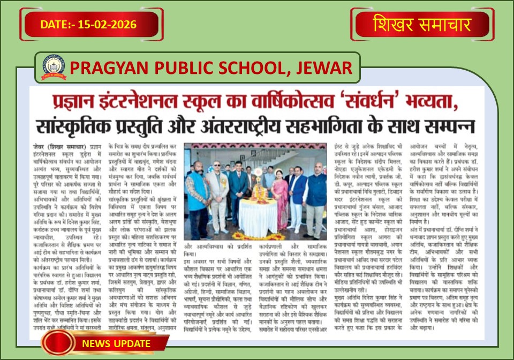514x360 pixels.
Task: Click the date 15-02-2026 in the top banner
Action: click(107, 25)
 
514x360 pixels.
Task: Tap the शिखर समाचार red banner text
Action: click(422, 25)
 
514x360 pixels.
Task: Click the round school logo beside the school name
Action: click(54, 66)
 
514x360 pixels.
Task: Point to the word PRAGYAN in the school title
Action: click(101, 67)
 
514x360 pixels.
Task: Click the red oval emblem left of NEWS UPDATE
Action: click(58, 343)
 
